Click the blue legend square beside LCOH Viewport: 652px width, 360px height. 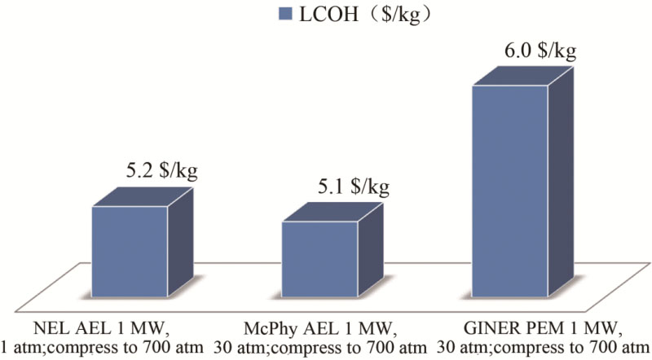click(x=284, y=14)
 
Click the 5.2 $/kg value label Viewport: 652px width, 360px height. click(x=161, y=172)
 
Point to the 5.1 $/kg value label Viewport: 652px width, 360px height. click(x=354, y=187)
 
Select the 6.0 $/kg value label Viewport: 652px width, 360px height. click(x=541, y=51)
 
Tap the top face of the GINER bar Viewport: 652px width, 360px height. click(x=522, y=74)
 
